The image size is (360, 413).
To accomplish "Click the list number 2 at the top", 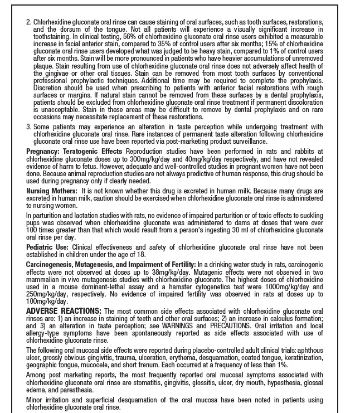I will (x=28, y=22).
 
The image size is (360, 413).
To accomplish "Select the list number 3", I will (x=28, y=128).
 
